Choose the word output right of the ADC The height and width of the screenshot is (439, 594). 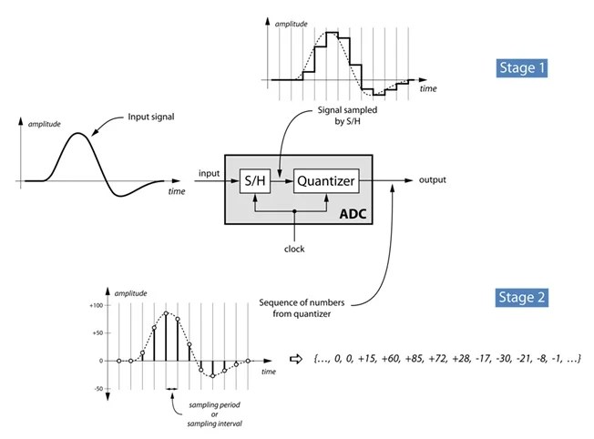433,179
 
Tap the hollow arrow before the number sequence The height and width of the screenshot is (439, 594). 294,359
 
